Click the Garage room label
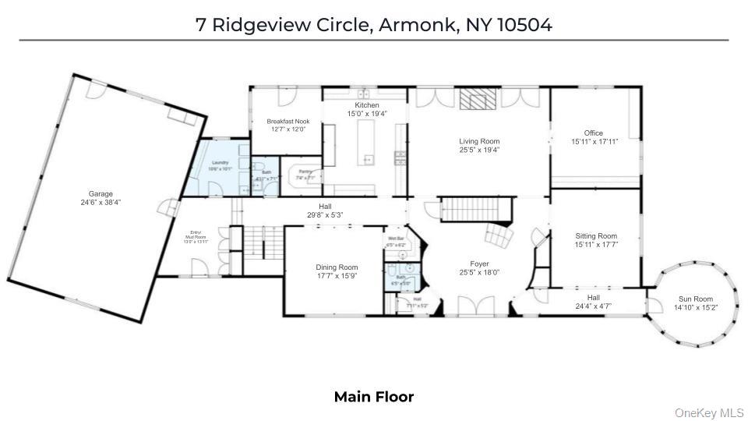point(101,193)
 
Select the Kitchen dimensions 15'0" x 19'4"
point(366,114)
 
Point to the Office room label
point(594,133)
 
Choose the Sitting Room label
point(596,235)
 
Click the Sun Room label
point(696,299)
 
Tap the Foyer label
point(479,264)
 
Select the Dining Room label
point(337,267)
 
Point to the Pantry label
point(305,172)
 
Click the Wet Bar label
point(396,238)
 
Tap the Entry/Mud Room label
point(197,234)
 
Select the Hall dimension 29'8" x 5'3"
point(325,214)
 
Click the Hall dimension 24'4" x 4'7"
point(594,306)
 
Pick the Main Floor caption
point(374,397)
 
